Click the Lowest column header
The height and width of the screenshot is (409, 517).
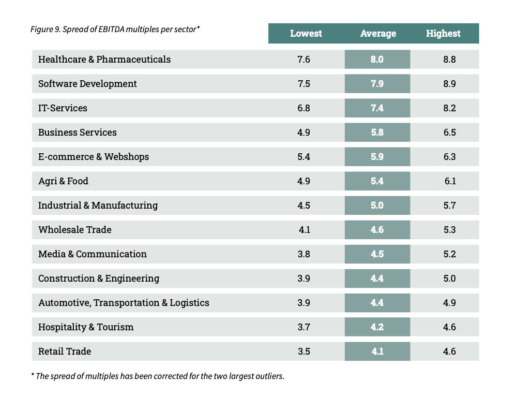pos(306,34)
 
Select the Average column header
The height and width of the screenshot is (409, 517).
pos(378,34)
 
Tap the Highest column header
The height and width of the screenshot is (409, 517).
pos(443,34)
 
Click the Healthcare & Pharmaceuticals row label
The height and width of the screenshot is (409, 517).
pos(104,60)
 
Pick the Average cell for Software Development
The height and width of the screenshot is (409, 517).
pos(377,84)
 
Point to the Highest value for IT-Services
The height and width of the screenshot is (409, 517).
pos(449,108)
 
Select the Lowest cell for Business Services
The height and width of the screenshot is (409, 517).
pos(304,133)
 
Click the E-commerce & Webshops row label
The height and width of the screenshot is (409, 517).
pos(94,157)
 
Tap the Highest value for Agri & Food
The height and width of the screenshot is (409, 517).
pos(449,181)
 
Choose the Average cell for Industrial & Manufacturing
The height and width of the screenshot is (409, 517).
pos(377,206)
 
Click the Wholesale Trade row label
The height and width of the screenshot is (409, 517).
pos(75,230)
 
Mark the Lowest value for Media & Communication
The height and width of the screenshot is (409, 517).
pos(304,254)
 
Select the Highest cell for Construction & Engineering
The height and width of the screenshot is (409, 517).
pos(449,279)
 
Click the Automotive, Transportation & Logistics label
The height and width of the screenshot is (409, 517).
pos(124,303)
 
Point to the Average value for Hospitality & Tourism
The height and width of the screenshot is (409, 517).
pos(377,327)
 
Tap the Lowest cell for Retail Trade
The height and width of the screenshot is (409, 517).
pos(304,352)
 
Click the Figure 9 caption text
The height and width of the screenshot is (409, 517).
pos(115,30)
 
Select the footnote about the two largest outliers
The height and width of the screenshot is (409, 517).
pos(158,376)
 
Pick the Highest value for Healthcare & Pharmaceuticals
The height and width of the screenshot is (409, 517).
pos(449,60)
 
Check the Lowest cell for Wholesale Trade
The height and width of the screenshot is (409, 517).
pos(304,230)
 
